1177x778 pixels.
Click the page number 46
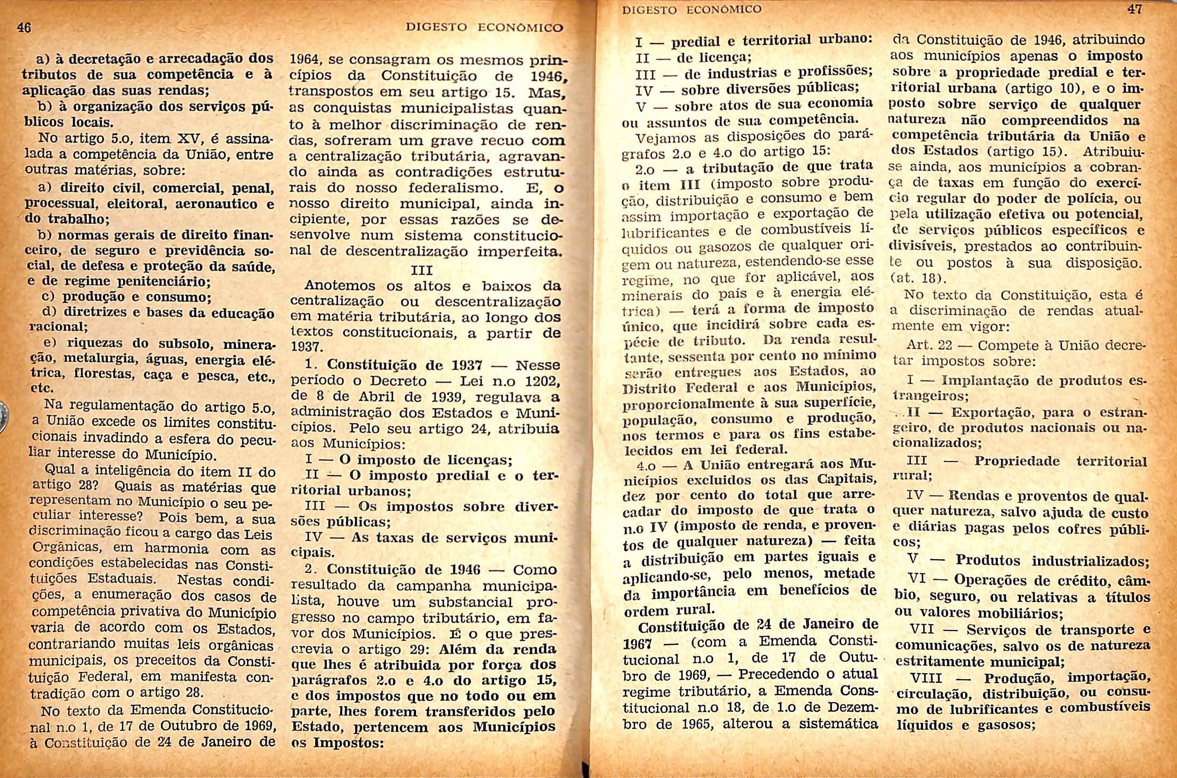[x=24, y=26]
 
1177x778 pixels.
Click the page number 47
[x=1134, y=9]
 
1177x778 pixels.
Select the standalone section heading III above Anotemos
[x=421, y=270]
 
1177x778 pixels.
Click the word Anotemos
[x=340, y=285]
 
